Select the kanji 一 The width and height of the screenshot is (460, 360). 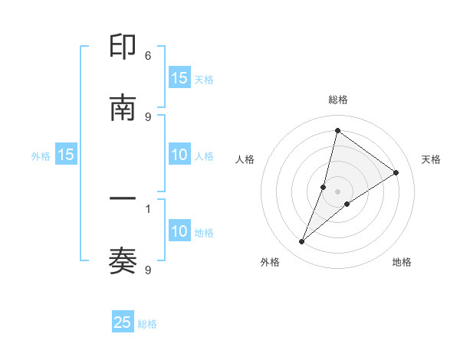click(x=123, y=200)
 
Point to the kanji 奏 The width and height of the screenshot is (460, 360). click(x=123, y=261)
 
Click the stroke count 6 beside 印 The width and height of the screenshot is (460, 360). click(x=148, y=56)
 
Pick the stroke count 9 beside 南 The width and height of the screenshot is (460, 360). click(x=148, y=116)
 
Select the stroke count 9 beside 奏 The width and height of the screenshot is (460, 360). click(x=148, y=270)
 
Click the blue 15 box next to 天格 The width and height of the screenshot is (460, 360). click(x=179, y=78)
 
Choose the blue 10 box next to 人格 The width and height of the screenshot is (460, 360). click(x=179, y=155)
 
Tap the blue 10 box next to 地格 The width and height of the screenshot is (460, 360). click(x=179, y=232)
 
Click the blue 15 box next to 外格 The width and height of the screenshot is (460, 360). click(x=66, y=155)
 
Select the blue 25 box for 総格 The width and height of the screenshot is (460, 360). click(x=123, y=322)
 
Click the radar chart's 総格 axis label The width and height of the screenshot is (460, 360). click(x=337, y=100)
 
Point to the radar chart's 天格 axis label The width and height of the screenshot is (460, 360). click(x=432, y=159)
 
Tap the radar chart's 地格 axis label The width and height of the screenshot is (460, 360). click(x=402, y=262)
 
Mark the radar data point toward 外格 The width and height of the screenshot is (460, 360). click(x=302, y=242)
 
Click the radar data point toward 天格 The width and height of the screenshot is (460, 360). click(x=396, y=172)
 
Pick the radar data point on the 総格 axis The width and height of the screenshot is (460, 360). click(x=337, y=130)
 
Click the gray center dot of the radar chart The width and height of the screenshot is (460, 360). click(x=337, y=191)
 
